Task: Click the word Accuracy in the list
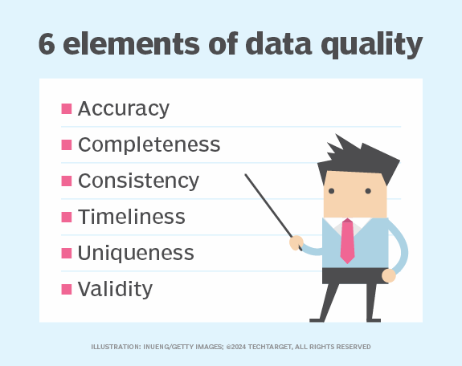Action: point(123,108)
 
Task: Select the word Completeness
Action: point(149,144)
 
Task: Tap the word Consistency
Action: point(137,181)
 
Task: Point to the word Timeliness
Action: point(131,217)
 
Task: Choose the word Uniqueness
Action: point(136,253)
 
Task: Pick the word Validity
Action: point(115,289)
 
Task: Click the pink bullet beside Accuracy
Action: point(67,108)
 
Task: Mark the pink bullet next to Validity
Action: point(67,289)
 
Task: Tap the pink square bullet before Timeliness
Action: point(67,217)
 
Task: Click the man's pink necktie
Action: point(346,240)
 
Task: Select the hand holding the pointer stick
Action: point(296,240)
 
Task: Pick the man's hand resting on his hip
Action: point(389,274)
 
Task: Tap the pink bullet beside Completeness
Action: point(67,144)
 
